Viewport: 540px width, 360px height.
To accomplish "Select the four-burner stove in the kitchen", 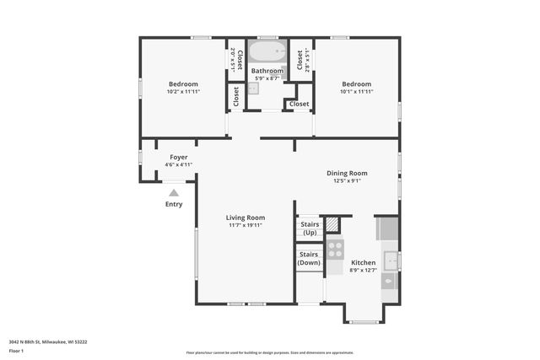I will (335, 249).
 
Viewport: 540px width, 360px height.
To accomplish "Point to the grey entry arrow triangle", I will (174, 193).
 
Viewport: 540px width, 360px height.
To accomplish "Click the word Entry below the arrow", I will (174, 204).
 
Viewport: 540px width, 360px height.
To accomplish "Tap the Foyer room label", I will (178, 157).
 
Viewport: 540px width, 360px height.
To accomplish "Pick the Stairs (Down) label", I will (309, 258).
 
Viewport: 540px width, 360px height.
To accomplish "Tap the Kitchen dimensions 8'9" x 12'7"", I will (363, 270).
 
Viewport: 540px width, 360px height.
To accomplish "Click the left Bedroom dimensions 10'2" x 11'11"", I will (183, 91).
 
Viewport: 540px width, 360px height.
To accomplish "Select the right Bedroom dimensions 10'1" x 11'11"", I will (356, 91).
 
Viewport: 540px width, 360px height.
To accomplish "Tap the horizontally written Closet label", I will (299, 104).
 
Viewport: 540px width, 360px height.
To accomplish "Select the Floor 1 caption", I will (17, 350).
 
